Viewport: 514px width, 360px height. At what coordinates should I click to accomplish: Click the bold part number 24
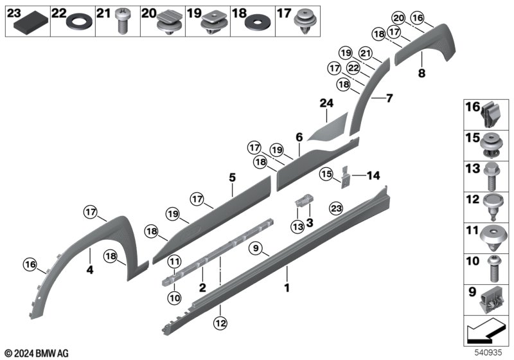coord(326,103)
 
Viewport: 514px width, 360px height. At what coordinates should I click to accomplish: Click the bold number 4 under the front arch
coord(90,271)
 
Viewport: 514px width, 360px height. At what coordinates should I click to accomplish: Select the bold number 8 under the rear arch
coord(421,73)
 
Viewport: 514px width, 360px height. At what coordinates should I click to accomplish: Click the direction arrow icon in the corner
coord(486,334)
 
